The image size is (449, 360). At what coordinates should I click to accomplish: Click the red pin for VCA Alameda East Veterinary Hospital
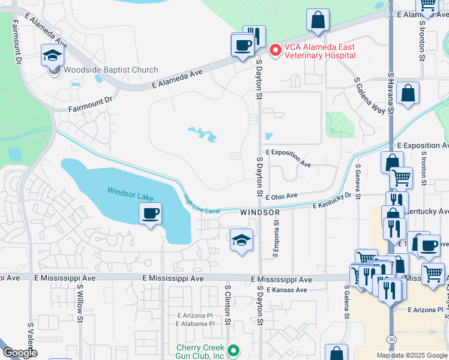[x=276, y=51]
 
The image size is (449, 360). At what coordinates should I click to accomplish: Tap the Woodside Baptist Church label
[x=111, y=70]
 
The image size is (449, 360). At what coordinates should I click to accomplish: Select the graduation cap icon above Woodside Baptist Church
[x=52, y=56]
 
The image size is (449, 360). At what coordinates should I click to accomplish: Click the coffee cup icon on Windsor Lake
[x=150, y=213]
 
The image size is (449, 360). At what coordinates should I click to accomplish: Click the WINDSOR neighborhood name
[x=260, y=213]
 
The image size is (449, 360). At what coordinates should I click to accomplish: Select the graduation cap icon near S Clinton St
[x=241, y=241]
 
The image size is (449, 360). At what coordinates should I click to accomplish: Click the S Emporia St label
[x=277, y=238]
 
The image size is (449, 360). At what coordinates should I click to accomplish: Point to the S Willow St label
[x=79, y=303]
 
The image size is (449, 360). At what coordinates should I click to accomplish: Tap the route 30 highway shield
[x=391, y=340]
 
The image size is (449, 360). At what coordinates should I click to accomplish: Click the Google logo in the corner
[x=19, y=353]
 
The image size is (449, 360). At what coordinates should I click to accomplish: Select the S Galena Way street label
[x=370, y=95]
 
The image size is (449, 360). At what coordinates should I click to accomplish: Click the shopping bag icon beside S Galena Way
[x=408, y=94]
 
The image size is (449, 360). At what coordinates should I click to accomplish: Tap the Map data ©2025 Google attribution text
[x=411, y=355]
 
